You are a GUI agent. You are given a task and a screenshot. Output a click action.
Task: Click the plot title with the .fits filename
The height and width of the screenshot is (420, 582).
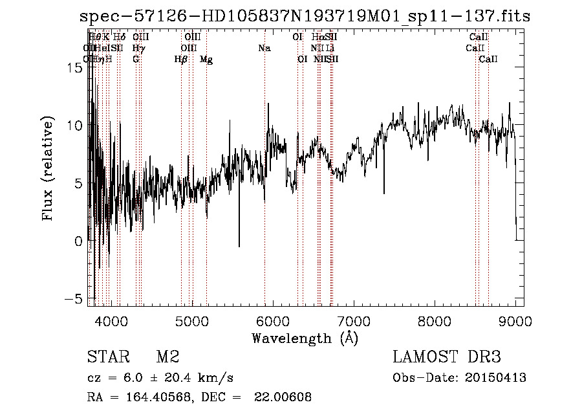click(305, 16)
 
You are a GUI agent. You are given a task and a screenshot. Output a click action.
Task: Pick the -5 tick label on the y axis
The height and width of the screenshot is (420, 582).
click(72, 299)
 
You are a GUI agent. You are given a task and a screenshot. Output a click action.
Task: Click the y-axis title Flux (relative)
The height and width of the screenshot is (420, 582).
click(48, 169)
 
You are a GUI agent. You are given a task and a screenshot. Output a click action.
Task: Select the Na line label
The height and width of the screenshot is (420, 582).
click(264, 49)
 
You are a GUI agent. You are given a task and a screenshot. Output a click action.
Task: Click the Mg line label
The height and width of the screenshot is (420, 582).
click(206, 60)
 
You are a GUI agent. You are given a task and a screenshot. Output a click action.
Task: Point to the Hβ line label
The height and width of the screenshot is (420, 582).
click(181, 60)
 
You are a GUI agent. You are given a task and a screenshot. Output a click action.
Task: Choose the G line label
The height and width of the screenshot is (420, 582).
click(136, 60)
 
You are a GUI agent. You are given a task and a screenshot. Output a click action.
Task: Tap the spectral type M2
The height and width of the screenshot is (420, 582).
click(167, 357)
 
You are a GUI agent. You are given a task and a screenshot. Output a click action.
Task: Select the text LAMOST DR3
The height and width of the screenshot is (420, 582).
click(446, 357)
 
